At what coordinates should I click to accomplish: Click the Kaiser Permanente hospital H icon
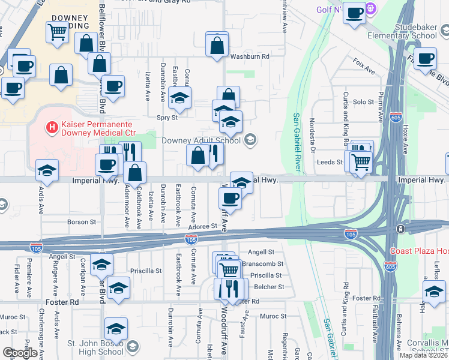(52, 127)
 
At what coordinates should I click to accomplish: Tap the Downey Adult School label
(200, 141)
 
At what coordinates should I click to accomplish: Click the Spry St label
(167, 118)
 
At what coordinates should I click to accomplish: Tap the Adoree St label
(202, 226)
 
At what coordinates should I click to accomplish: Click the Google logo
(19, 353)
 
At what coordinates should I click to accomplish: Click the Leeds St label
(330, 162)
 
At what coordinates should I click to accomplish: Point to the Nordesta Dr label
(312, 133)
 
